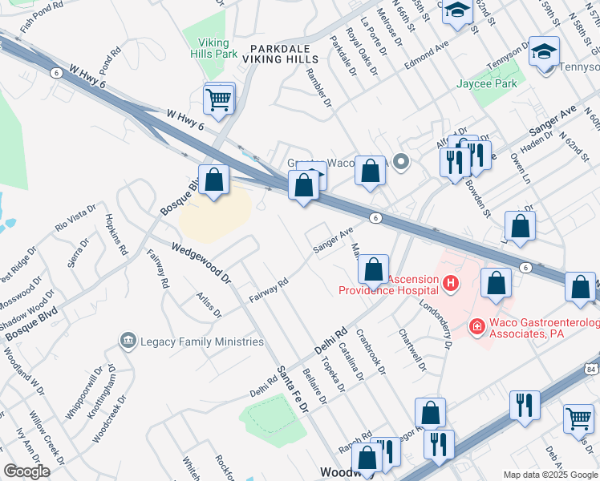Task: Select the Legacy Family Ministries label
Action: click(201, 342)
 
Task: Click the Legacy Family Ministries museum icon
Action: click(128, 342)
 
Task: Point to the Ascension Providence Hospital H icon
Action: click(452, 283)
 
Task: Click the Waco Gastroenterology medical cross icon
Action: click(476, 327)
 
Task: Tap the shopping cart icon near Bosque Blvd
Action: click(218, 101)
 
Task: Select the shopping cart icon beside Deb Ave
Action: click(578, 418)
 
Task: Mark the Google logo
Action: click(26, 471)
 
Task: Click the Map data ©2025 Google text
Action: click(550, 475)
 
